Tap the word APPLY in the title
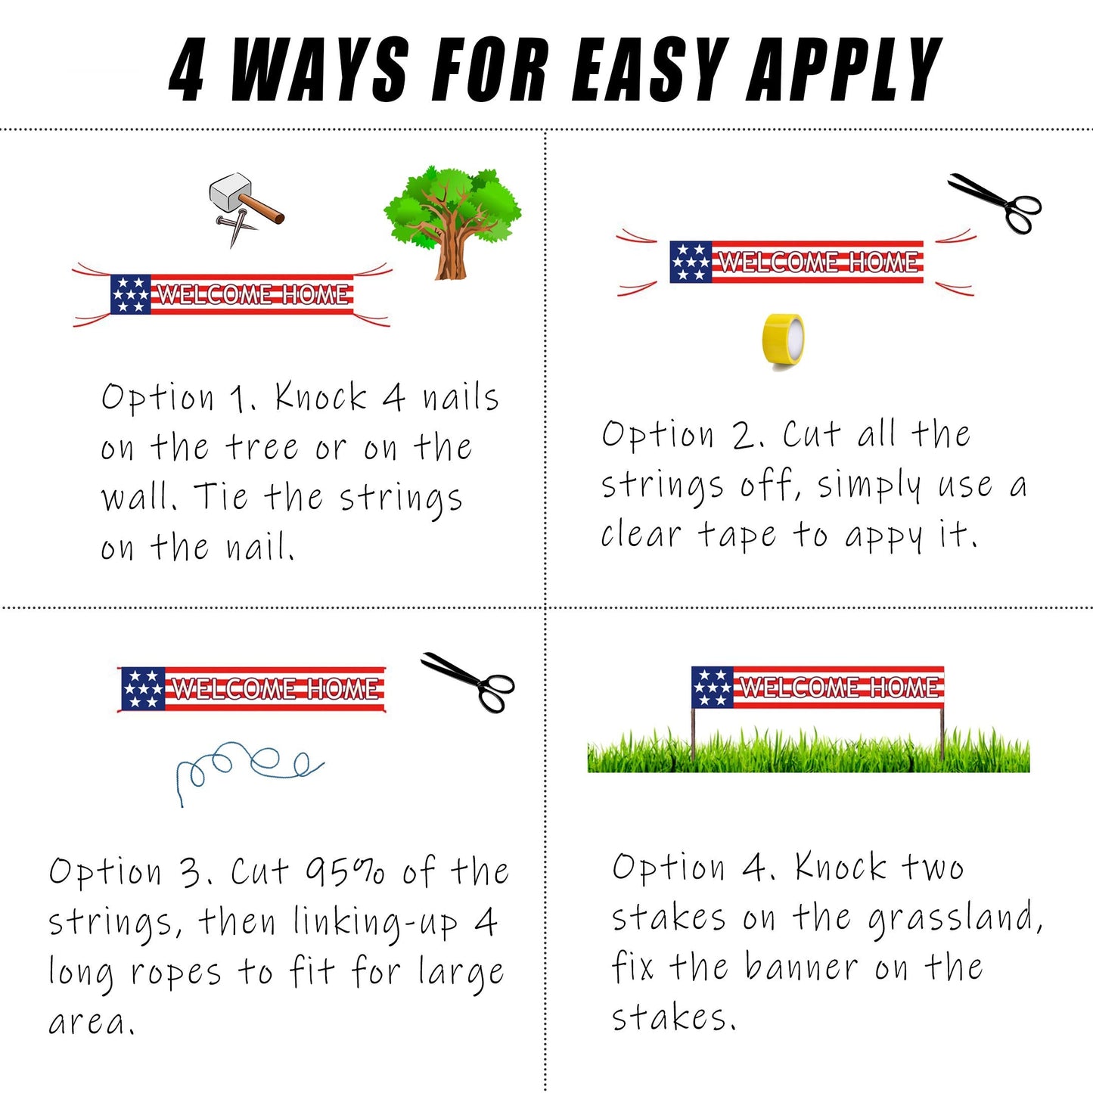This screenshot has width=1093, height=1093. [x=845, y=70]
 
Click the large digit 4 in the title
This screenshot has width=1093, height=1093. [x=187, y=70]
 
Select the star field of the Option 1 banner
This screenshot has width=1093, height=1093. [x=131, y=294]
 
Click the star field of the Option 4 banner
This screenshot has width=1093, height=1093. [x=713, y=688]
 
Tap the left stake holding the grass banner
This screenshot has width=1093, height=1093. [x=693, y=734]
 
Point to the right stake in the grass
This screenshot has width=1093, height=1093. [x=942, y=734]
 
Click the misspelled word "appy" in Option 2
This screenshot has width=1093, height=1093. [x=883, y=536]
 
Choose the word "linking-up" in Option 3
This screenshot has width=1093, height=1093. [x=375, y=923]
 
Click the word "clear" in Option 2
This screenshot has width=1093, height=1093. [x=641, y=534]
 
